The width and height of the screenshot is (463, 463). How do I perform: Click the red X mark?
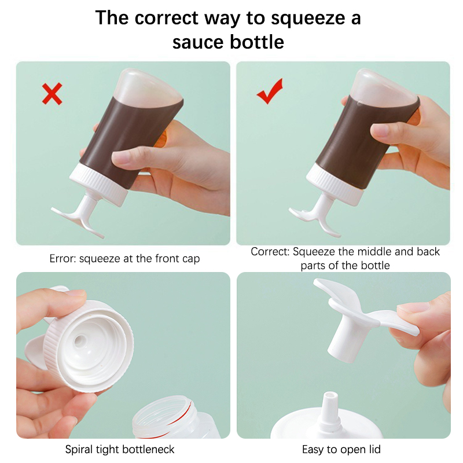52,94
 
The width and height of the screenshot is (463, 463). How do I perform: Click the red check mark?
270,91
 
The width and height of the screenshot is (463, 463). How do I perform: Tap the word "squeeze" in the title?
308,19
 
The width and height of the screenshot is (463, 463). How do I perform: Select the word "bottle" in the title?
257,42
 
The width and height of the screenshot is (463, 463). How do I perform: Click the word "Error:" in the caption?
63,259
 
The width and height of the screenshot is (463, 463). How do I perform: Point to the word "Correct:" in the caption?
270,252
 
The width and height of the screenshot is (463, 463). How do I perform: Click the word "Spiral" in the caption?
77,450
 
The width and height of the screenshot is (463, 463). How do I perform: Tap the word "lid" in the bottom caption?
373,450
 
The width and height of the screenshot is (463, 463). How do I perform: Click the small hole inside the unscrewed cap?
79,341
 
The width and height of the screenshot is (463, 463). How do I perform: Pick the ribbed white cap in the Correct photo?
335,185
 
